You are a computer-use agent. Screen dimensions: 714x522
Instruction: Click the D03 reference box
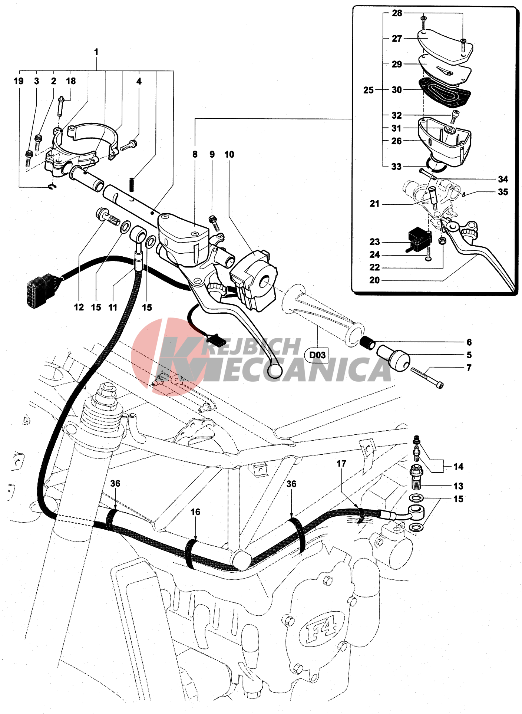pyautogui.click(x=317, y=355)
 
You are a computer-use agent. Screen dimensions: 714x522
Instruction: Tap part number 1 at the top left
pyautogui.click(x=96, y=52)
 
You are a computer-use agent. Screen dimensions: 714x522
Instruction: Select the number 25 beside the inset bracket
pyautogui.click(x=368, y=90)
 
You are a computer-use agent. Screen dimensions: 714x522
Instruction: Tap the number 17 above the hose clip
pyautogui.click(x=341, y=464)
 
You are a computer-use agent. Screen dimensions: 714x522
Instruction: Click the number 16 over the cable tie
pyautogui.click(x=195, y=512)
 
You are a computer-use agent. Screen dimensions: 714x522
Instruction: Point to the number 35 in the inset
pyautogui.click(x=503, y=192)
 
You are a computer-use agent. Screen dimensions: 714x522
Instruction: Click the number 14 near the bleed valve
pyautogui.click(x=458, y=467)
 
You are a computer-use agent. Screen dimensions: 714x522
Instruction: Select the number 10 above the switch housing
pyautogui.click(x=229, y=154)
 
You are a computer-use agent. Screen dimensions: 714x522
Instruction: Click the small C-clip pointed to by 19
pyautogui.click(x=52, y=188)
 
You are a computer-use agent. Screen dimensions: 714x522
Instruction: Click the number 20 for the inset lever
pyautogui.click(x=374, y=280)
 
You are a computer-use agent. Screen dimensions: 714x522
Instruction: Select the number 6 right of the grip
pyautogui.click(x=469, y=342)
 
